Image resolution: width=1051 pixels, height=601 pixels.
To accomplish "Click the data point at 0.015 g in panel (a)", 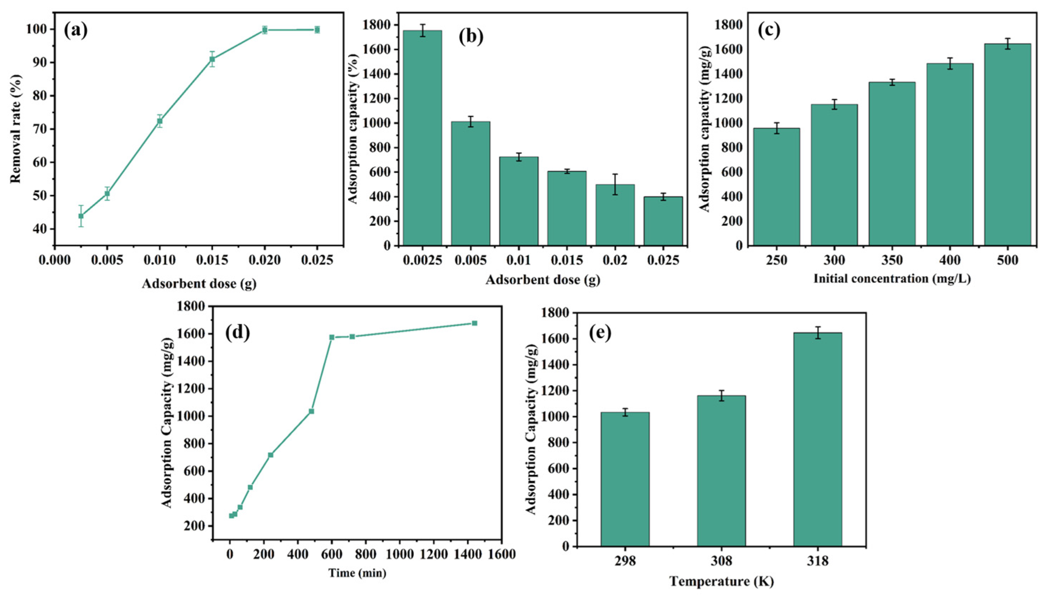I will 212,59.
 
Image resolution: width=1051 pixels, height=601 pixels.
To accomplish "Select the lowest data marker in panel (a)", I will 81,216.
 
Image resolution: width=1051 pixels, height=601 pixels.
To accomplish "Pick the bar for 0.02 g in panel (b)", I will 615,215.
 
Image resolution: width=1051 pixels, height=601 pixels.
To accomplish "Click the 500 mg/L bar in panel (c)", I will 1007,144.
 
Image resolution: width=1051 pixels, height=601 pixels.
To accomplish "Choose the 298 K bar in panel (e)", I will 625,479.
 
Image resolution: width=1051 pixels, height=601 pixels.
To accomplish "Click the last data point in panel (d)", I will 474,323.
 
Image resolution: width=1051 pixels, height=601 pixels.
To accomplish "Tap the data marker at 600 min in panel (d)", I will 331,337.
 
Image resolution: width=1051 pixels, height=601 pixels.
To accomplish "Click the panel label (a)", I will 75,31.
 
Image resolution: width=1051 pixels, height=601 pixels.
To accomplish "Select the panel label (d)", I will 237,333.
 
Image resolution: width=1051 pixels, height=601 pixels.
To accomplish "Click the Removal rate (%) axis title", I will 15,128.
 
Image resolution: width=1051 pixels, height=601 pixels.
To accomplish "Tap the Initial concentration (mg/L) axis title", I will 892,279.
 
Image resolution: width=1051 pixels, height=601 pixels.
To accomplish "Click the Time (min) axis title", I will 357,573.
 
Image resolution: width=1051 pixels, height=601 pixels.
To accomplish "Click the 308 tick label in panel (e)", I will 721,562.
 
